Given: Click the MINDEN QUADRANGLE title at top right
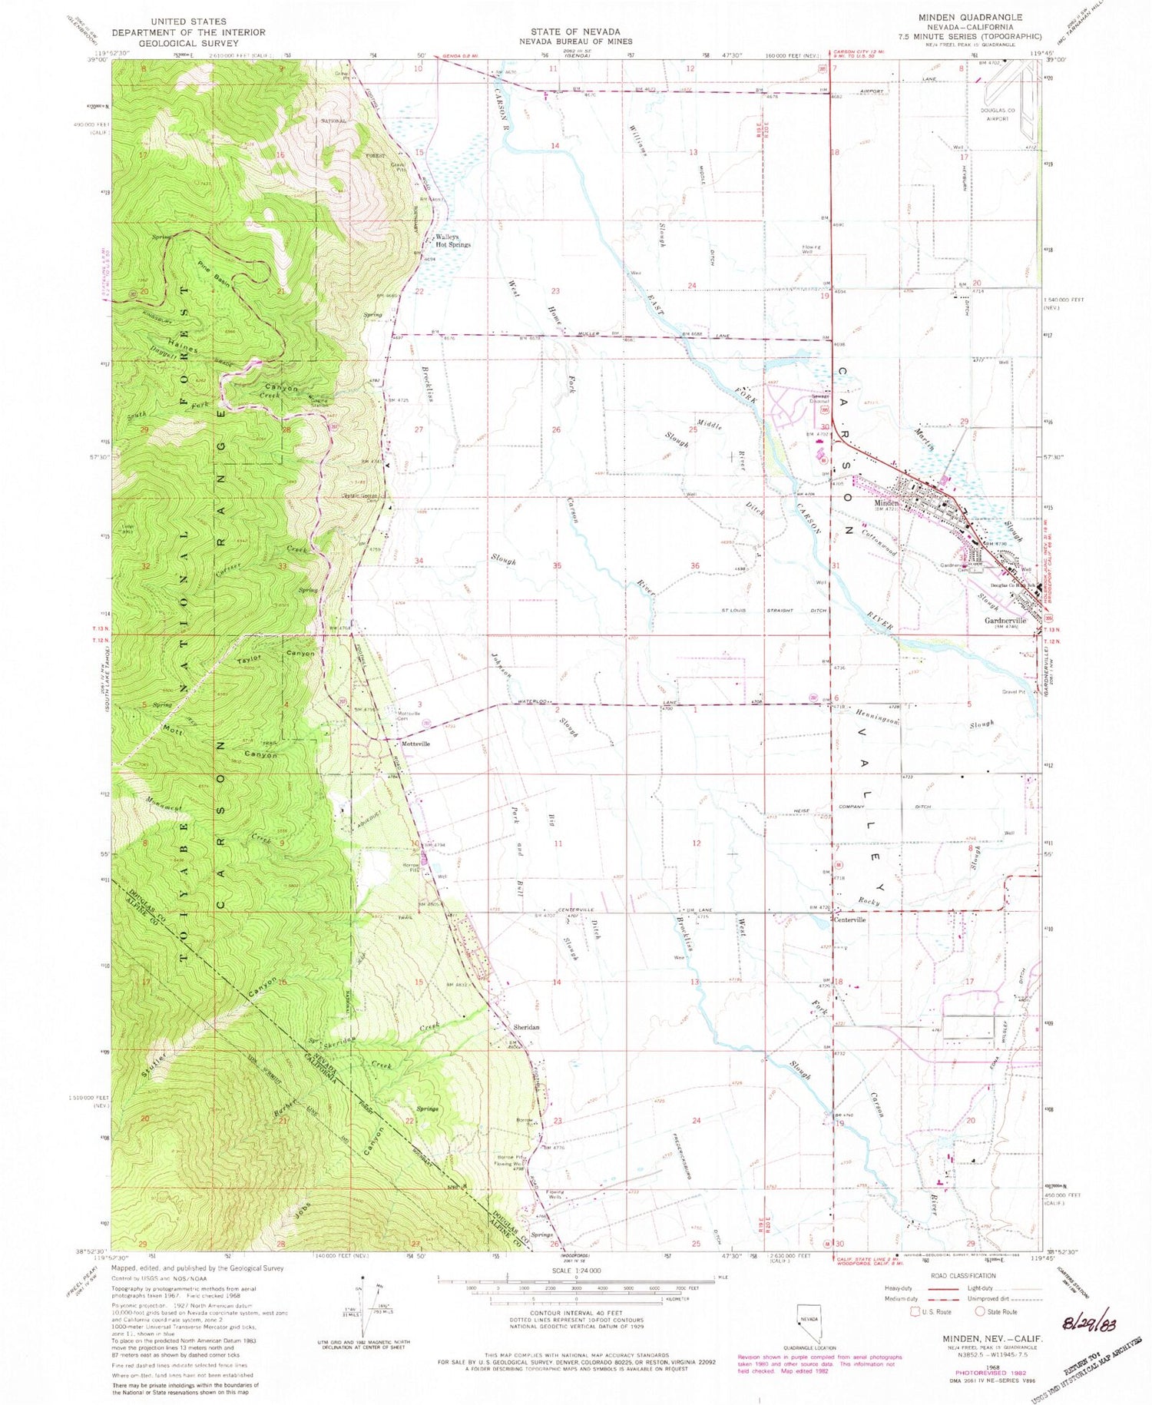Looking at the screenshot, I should tap(970, 17).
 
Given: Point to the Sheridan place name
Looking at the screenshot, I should tap(526, 1027).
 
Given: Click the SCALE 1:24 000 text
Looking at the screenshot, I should tap(575, 1271).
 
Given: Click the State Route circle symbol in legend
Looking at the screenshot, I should tap(981, 1311).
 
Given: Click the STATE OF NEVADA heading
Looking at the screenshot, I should tap(575, 31).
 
